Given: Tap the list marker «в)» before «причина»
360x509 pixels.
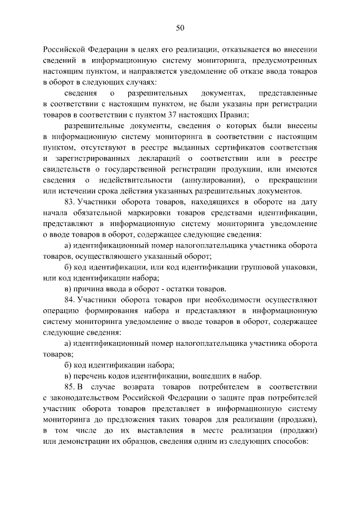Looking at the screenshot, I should coord(67,288).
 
